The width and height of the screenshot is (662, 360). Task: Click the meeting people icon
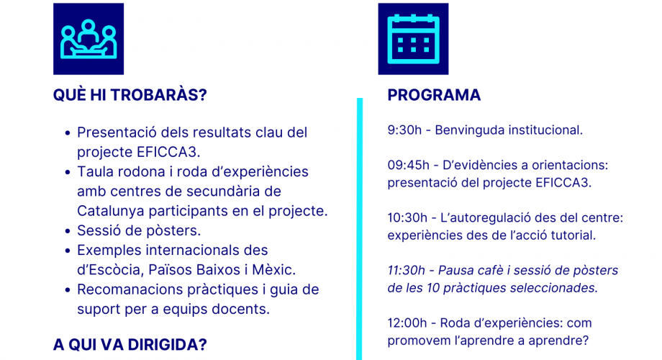89,39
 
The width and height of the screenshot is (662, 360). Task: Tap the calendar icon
413,39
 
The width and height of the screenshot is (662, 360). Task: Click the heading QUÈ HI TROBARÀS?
130,95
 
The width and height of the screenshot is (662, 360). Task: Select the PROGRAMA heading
434,95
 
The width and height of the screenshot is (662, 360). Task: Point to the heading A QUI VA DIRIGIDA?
130,345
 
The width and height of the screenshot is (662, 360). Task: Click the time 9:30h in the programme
404,130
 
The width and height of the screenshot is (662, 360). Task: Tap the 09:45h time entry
408,165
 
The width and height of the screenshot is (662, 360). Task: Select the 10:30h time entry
407,217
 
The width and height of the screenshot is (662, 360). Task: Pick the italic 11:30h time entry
406,270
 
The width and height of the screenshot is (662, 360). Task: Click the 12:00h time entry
407,323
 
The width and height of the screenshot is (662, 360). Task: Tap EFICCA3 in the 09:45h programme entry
563,183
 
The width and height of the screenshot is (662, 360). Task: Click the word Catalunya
111,211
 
